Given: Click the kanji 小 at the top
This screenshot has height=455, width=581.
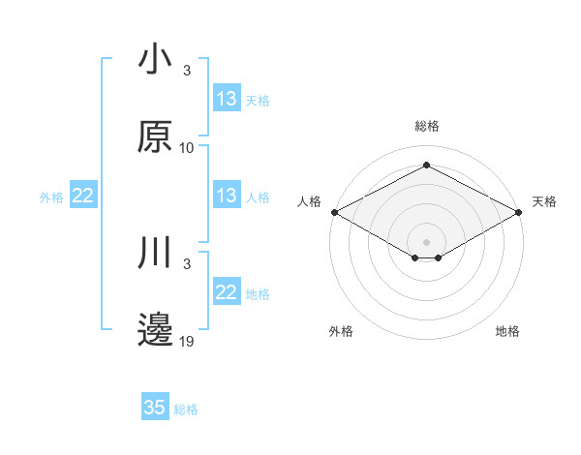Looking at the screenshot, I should [155, 61].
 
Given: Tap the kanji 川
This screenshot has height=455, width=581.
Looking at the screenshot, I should [155, 255].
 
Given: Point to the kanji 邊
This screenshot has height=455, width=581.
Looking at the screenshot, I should [155, 329].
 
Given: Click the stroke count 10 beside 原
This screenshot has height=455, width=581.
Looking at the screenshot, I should [187, 147].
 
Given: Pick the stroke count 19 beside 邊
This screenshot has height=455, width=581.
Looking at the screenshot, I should [187, 341].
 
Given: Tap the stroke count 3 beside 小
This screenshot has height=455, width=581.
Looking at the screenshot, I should [187, 70].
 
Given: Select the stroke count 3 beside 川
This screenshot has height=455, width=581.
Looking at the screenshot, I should [187, 263].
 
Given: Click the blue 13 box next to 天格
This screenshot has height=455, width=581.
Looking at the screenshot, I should [227, 99].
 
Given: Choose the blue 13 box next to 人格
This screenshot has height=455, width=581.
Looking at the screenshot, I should [227, 196].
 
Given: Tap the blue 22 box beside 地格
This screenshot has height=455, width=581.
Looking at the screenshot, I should [227, 292].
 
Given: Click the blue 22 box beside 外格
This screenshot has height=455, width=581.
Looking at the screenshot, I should [83, 196].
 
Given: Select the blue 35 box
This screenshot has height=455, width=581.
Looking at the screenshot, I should [155, 408].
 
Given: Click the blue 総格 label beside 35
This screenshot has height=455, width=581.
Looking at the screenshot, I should [187, 409].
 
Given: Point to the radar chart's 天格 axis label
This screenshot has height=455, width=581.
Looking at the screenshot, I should [545, 201].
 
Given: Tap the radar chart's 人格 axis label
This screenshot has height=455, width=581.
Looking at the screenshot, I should [309, 201].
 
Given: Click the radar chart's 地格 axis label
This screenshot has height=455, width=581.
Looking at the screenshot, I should [507, 331].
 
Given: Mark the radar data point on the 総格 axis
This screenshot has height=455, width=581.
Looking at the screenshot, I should [426, 165].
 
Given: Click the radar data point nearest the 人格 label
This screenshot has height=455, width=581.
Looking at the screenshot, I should [334, 212].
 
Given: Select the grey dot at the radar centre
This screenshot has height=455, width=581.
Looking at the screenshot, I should [426, 241].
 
